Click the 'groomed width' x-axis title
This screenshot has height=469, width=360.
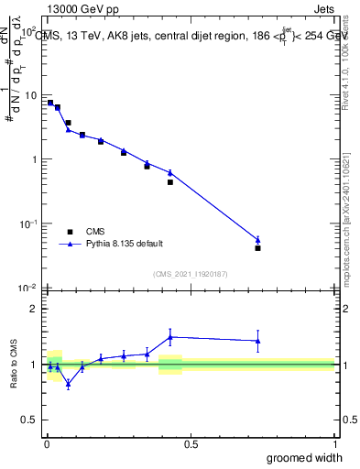coord(305,457)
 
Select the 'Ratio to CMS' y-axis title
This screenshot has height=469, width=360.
coord(13,364)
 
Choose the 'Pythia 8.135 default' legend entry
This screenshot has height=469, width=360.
coord(124,244)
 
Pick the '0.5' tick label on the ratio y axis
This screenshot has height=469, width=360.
coord(30,420)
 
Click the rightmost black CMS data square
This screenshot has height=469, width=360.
coord(258,248)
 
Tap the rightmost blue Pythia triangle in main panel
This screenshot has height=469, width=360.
coord(258,240)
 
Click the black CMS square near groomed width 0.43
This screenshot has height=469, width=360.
coord(170,182)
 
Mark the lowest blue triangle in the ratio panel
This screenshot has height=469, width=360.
coord(68,384)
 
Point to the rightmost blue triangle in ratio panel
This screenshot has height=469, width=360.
coord(258,341)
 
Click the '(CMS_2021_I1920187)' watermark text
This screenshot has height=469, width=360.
coord(191,273)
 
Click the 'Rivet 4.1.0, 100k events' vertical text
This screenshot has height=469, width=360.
coord(345,64)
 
